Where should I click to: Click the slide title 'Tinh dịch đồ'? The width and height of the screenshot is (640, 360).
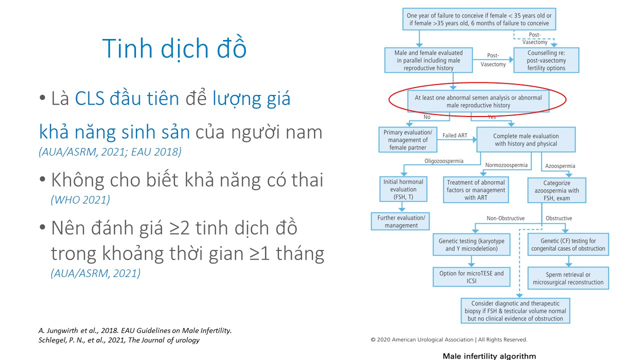coord(174,48)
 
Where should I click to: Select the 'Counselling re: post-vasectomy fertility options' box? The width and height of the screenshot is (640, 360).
coord(546,60)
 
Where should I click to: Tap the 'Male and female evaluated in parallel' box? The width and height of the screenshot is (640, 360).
coord(428,60)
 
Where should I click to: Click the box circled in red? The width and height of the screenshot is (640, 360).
coord(478,101)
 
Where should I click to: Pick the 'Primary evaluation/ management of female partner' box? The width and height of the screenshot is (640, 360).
coord(407,139)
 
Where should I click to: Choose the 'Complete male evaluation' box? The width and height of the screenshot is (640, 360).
coord(525,139)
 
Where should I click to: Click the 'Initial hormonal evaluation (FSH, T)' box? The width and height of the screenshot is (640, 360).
coord(403,189)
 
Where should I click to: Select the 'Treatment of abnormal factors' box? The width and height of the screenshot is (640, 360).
coord(475,190)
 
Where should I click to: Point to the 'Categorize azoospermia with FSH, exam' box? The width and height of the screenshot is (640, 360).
coord(556,190)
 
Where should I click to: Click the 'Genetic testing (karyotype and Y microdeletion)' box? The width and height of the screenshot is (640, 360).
coord(471,244)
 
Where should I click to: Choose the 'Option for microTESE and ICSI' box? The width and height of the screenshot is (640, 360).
coord(471,277)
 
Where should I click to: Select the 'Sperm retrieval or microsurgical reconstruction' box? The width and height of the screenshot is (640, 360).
coord(568,278)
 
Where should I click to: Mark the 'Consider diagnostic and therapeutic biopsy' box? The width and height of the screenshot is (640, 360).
coord(515,311)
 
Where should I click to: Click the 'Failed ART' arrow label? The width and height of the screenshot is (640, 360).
coord(454,135)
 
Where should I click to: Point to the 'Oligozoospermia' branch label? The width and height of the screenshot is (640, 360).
coord(443,161)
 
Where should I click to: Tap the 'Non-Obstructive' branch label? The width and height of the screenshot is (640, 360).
coord(505,218)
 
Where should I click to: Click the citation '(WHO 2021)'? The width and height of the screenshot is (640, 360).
coord(80,199)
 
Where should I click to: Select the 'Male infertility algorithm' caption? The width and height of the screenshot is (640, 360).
coord(489,356)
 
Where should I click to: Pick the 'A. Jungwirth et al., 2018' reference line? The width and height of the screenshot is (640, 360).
coord(135,330)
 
